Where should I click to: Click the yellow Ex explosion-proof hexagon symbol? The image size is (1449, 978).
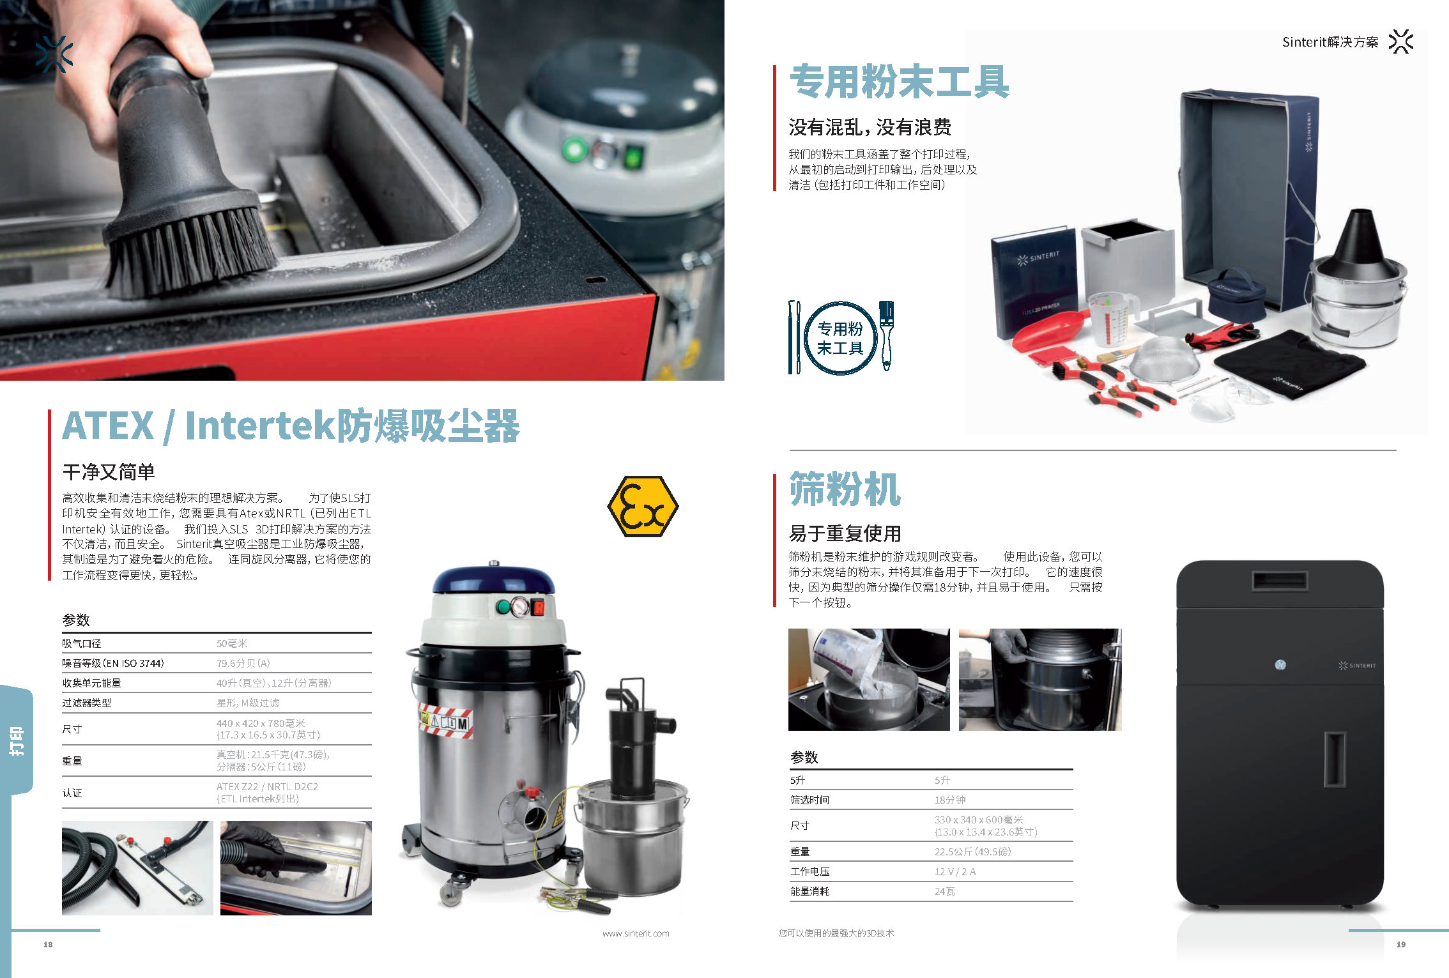[643, 507]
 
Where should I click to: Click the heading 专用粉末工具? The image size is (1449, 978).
[900, 82]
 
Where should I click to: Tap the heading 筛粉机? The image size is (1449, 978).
[845, 489]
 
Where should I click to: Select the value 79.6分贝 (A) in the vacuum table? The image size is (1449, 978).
[243, 663]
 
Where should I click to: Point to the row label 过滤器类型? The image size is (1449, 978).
[87, 703]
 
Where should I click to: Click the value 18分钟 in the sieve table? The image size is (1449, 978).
[950, 800]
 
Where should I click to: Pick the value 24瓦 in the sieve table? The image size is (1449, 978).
[945, 891]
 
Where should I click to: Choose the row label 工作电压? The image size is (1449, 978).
[809, 871]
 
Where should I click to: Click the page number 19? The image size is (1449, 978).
[1401, 944]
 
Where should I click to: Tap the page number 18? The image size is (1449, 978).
[48, 944]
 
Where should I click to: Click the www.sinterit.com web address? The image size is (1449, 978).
[636, 933]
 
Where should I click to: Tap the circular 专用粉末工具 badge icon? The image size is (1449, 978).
[839, 338]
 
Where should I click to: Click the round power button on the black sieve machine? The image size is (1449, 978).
[1280, 665]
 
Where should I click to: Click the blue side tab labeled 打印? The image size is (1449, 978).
[17, 740]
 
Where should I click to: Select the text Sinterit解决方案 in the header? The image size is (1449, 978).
[1330, 42]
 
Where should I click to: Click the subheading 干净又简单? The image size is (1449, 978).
[109, 472]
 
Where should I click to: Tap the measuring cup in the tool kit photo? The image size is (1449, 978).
[1112, 317]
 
